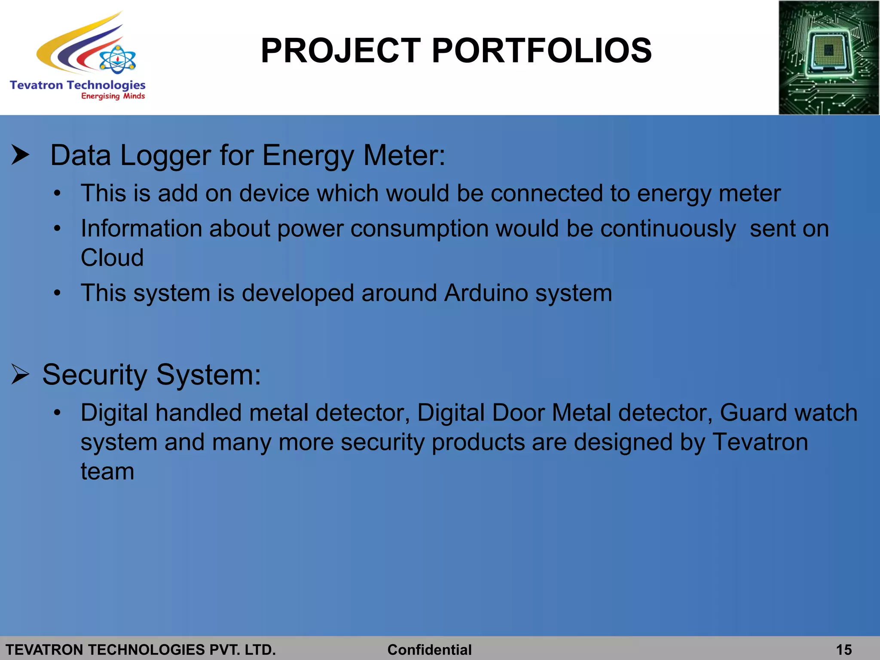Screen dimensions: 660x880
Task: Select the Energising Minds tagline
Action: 113,96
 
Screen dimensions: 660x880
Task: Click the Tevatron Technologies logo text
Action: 77,85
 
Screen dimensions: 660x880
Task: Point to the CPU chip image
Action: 828,58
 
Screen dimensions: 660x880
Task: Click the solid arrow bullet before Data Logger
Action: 20,155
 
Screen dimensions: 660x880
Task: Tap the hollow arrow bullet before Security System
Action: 20,374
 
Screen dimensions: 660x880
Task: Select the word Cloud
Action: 112,258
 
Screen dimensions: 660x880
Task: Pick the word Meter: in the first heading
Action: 404,155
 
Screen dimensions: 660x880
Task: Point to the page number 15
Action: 844,650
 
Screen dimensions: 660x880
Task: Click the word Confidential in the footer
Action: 429,650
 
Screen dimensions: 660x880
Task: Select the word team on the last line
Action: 107,472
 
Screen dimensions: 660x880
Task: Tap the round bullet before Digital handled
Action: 58,413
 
